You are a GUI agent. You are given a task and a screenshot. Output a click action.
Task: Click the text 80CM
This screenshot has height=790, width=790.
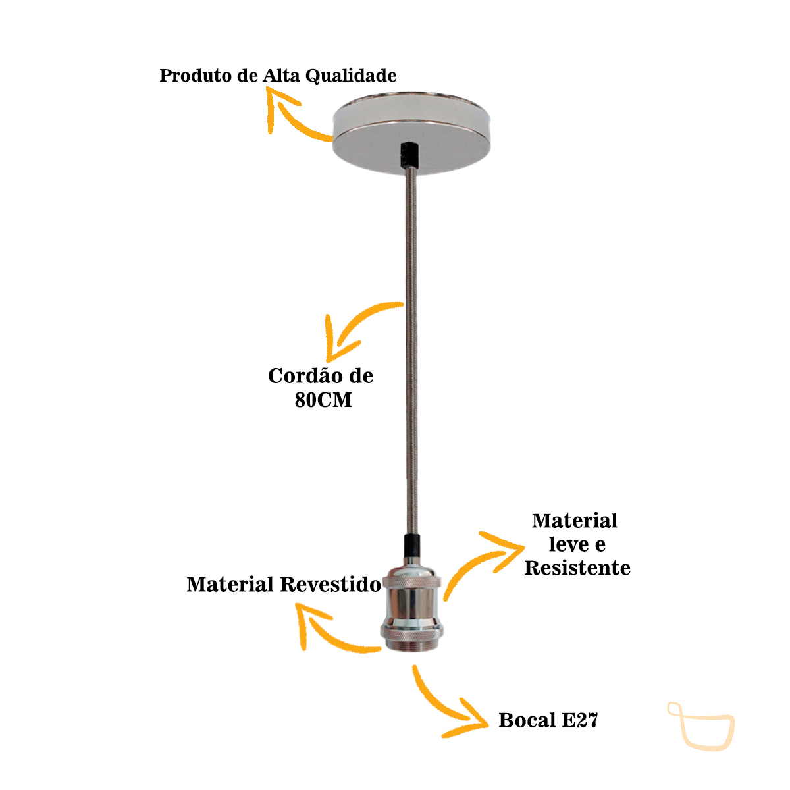click(x=323, y=400)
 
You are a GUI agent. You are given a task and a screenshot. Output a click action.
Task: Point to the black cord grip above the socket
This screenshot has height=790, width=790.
click(x=411, y=546)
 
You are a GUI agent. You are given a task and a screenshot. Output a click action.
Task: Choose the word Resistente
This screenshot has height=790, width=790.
click(x=577, y=568)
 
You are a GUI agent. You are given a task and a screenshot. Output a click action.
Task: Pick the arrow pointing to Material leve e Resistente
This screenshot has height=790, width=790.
click(x=481, y=560)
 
